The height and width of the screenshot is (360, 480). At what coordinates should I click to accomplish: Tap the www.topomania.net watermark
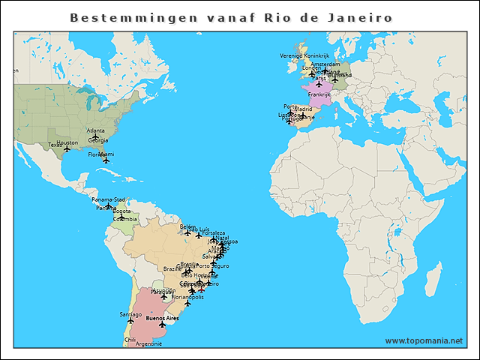pyautogui.click(x=424, y=340)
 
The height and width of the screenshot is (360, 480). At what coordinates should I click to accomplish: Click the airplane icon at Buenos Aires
pyautogui.click(x=163, y=325)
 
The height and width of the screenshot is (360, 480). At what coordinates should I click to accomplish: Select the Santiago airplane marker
pyautogui.click(x=130, y=320)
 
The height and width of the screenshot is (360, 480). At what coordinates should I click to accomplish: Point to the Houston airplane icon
pyautogui.click(x=67, y=148)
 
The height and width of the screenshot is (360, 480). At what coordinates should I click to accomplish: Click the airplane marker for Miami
pyautogui.click(x=106, y=160)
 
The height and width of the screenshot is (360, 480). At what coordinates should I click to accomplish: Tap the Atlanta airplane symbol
pyautogui.click(x=95, y=136)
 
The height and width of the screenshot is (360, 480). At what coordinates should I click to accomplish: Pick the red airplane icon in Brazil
pyautogui.click(x=201, y=289)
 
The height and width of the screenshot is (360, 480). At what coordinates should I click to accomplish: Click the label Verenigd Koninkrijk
pyautogui.click(x=304, y=55)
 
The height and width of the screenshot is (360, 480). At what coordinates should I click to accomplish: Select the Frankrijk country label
pyautogui.click(x=319, y=94)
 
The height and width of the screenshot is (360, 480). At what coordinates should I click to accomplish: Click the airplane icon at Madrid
pyautogui.click(x=303, y=115)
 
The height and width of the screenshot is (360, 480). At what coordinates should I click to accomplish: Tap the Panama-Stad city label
pyautogui.click(x=109, y=199)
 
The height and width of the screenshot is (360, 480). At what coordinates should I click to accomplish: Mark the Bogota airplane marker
pyautogui.click(x=121, y=217)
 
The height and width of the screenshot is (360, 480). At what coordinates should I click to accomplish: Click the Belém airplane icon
pyautogui.click(x=187, y=232)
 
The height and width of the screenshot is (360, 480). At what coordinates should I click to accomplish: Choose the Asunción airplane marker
pyautogui.click(x=164, y=296)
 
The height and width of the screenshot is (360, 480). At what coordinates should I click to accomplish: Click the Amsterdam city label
pyautogui.click(x=325, y=64)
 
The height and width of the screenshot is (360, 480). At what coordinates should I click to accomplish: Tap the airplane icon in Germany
pyautogui.click(x=334, y=79)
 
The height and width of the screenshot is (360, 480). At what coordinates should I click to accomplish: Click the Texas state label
pyautogui.click(x=55, y=145)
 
